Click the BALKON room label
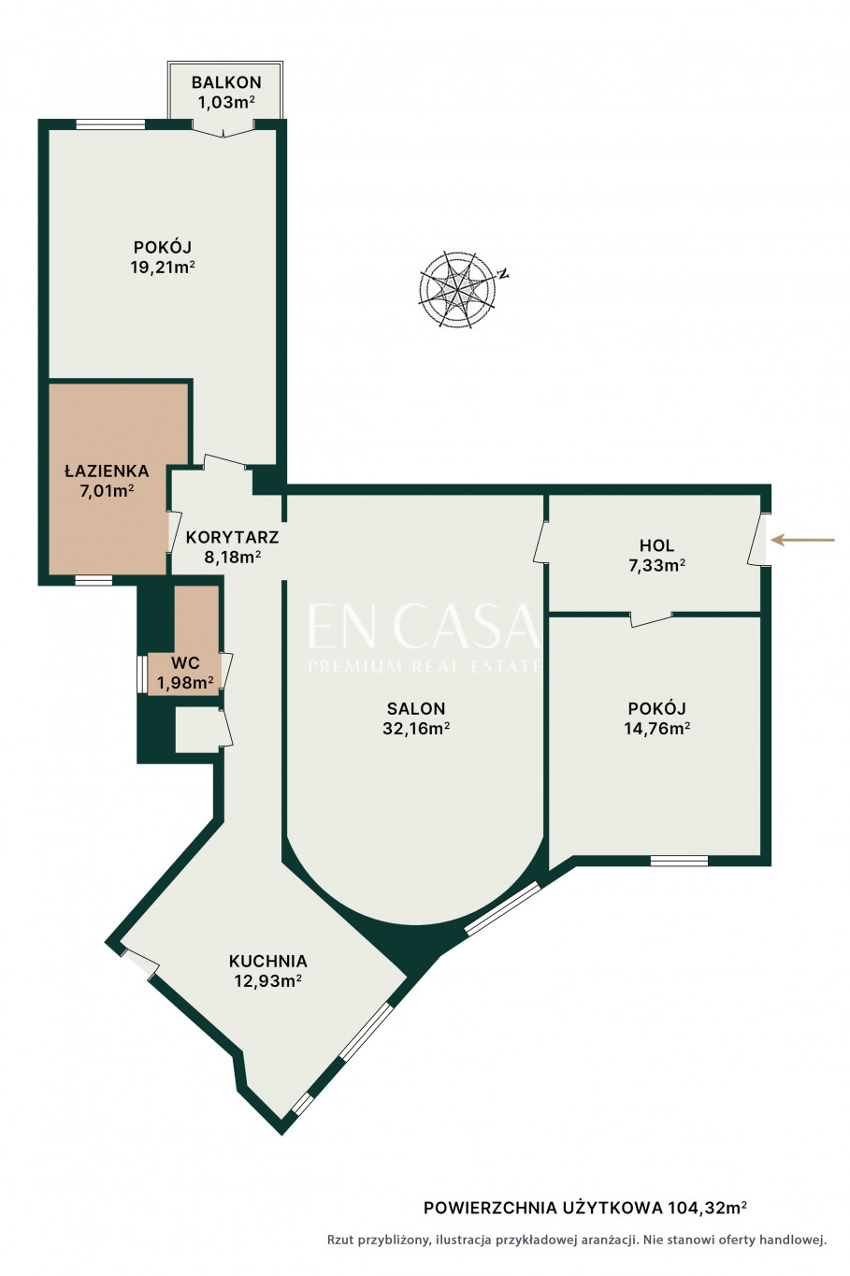pyautogui.click(x=226, y=82)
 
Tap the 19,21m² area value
pyautogui.click(x=163, y=267)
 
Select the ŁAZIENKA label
pyautogui.click(x=107, y=471)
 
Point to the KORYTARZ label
pyautogui.click(x=232, y=537)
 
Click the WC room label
pyautogui.click(x=185, y=662)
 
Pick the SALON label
pyautogui.click(x=416, y=709)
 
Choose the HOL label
pyautogui.click(x=657, y=545)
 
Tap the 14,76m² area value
pyautogui.click(x=657, y=729)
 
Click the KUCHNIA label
pyautogui.click(x=268, y=961)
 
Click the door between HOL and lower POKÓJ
pyautogui.click(x=651, y=619)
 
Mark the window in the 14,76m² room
pyautogui.click(x=679, y=860)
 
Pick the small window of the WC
pyautogui.click(x=142, y=674)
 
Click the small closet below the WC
pyautogui.click(x=197, y=730)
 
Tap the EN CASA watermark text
pyautogui.click(x=423, y=627)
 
